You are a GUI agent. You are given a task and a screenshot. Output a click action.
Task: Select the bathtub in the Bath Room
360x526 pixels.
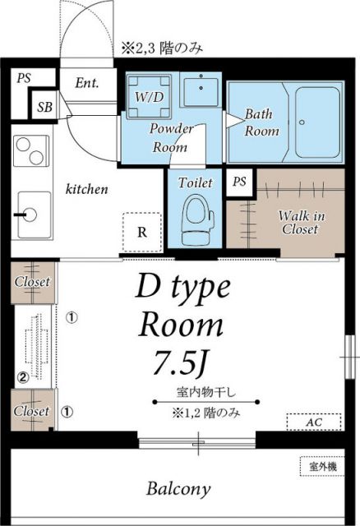pyautogui.click(x=314, y=123)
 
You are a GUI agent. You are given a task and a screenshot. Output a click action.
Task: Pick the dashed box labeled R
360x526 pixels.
pyautogui.click(x=142, y=231)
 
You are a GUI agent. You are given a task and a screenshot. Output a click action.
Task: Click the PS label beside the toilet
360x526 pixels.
pyautogui.click(x=239, y=182)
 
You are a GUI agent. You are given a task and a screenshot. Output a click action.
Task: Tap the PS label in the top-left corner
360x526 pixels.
pyautogui.click(x=24, y=78)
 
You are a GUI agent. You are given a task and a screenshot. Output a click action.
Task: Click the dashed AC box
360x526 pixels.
pyautogui.click(x=312, y=422)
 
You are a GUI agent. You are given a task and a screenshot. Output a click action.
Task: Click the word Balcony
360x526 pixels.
pyautogui.click(x=178, y=490)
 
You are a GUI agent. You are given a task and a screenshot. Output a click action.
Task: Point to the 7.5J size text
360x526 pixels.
pyautogui.click(x=178, y=360)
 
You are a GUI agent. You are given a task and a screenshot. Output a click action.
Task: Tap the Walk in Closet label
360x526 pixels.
pyautogui.click(x=299, y=223)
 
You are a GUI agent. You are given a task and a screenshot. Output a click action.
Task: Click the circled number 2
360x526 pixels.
pyautogui.click(x=23, y=378)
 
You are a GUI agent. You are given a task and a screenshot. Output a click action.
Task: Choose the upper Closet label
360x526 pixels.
pyautogui.click(x=32, y=282)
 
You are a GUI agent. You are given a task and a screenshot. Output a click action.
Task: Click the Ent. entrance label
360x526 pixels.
pyautogui.click(x=86, y=82)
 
